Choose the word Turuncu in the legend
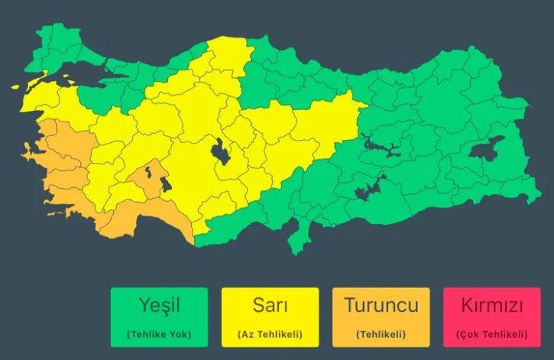point(381,306)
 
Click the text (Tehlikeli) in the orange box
point(381,334)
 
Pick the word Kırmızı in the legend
point(491,306)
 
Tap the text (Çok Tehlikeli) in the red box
point(491,334)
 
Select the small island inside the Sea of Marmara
point(72,76)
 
